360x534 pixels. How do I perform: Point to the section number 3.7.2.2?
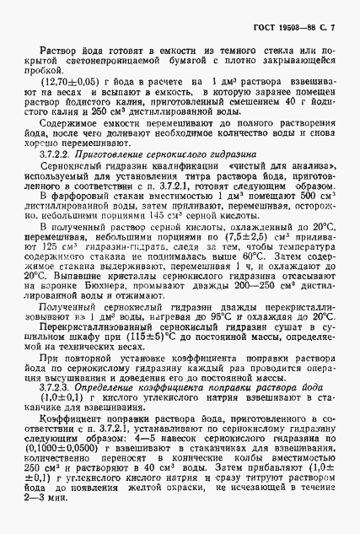(56, 156)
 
